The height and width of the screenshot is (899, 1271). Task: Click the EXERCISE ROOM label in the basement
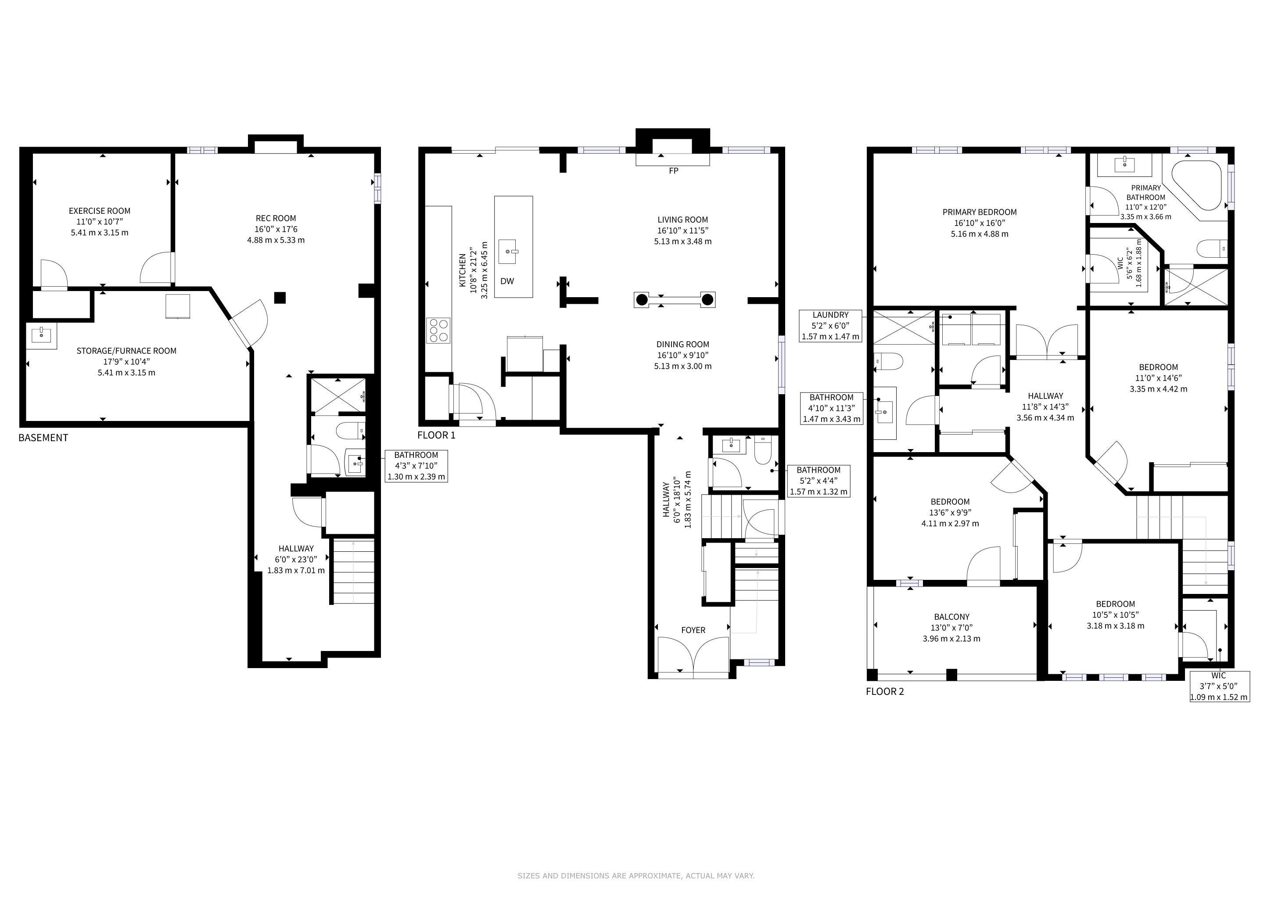pyautogui.click(x=100, y=211)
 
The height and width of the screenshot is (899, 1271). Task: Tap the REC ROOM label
pyautogui.click(x=276, y=218)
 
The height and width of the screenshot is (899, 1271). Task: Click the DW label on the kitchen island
pyautogui.click(x=507, y=281)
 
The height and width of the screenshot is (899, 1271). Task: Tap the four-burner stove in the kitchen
pyautogui.click(x=438, y=330)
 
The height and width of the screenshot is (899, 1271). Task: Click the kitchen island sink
pyautogui.click(x=508, y=252)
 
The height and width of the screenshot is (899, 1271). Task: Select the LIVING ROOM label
pyautogui.click(x=682, y=220)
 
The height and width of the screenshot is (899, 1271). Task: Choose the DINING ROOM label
pyautogui.click(x=682, y=344)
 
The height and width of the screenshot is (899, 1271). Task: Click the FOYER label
pyautogui.click(x=693, y=630)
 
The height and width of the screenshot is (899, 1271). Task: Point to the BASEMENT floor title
pyautogui.click(x=43, y=437)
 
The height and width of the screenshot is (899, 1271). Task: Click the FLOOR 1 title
pyautogui.click(x=436, y=435)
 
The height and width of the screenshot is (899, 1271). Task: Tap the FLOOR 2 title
pyautogui.click(x=885, y=691)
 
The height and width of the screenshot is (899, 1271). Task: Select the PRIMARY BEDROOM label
pyautogui.click(x=979, y=212)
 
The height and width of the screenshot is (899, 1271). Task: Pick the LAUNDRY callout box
pyautogui.click(x=830, y=326)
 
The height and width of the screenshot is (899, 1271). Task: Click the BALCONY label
pyautogui.click(x=951, y=617)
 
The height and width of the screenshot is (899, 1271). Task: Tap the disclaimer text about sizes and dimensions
pyautogui.click(x=635, y=876)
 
